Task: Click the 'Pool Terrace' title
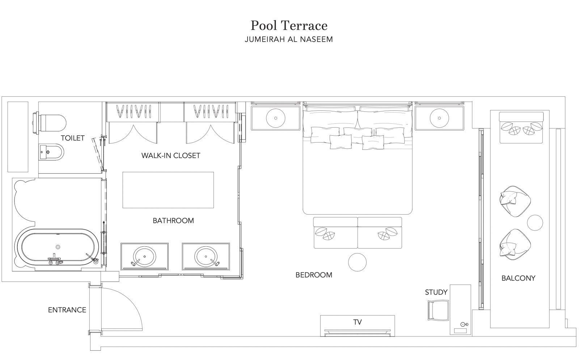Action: pyautogui.click(x=289, y=26)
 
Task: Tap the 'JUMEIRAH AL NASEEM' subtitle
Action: pyautogui.click(x=289, y=39)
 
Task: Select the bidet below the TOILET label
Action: pyautogui.click(x=51, y=152)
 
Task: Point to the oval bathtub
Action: pyautogui.click(x=56, y=247)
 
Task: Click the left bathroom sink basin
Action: pyautogui.click(x=144, y=257)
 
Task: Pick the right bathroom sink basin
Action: pyautogui.click(x=206, y=257)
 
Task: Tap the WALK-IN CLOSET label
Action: pyautogui.click(x=170, y=156)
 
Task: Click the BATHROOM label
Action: pyautogui.click(x=173, y=221)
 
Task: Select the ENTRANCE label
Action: pyautogui.click(x=67, y=310)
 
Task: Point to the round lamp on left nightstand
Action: pyautogui.click(x=275, y=118)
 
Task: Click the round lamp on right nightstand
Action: pyautogui.click(x=439, y=118)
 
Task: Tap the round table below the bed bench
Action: pyautogui.click(x=357, y=262)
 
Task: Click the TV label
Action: pyautogui.click(x=357, y=322)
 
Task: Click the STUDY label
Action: pyautogui.click(x=436, y=292)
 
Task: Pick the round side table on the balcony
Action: pyautogui.click(x=535, y=223)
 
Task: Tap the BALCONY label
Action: pyautogui.click(x=518, y=278)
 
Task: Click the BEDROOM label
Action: pyautogui.click(x=314, y=275)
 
